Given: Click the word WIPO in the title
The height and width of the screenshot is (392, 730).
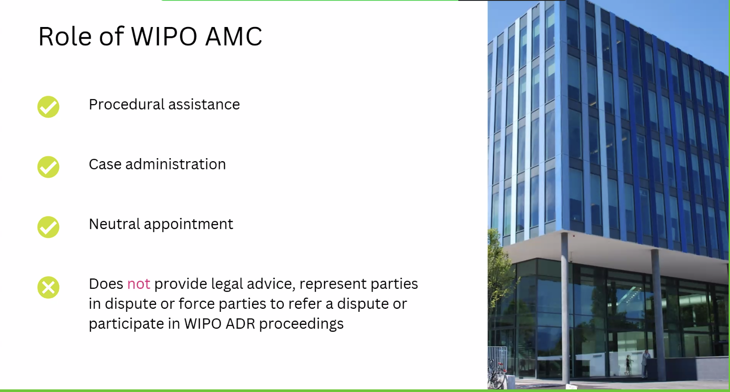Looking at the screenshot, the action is point(164,36).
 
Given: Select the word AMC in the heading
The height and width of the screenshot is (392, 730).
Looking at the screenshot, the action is point(234,36).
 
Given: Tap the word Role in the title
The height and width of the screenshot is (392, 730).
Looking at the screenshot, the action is point(65,36).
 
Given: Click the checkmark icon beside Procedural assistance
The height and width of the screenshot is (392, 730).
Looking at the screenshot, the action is point(48,107).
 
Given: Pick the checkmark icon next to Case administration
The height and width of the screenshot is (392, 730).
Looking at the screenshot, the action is point(48,167).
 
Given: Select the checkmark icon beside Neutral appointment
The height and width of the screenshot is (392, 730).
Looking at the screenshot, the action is point(48,227).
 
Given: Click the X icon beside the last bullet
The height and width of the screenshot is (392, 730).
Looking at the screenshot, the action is point(48,287).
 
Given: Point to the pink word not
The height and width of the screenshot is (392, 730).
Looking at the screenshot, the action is point(139,284).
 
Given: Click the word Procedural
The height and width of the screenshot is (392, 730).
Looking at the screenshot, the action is point(126,105).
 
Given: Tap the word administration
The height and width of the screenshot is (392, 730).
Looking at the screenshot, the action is point(175,164).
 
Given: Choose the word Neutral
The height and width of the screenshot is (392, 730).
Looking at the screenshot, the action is point(114,224).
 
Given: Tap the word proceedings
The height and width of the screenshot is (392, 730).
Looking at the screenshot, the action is point(301,324).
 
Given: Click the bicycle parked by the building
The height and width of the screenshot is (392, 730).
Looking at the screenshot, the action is point(497,375).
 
